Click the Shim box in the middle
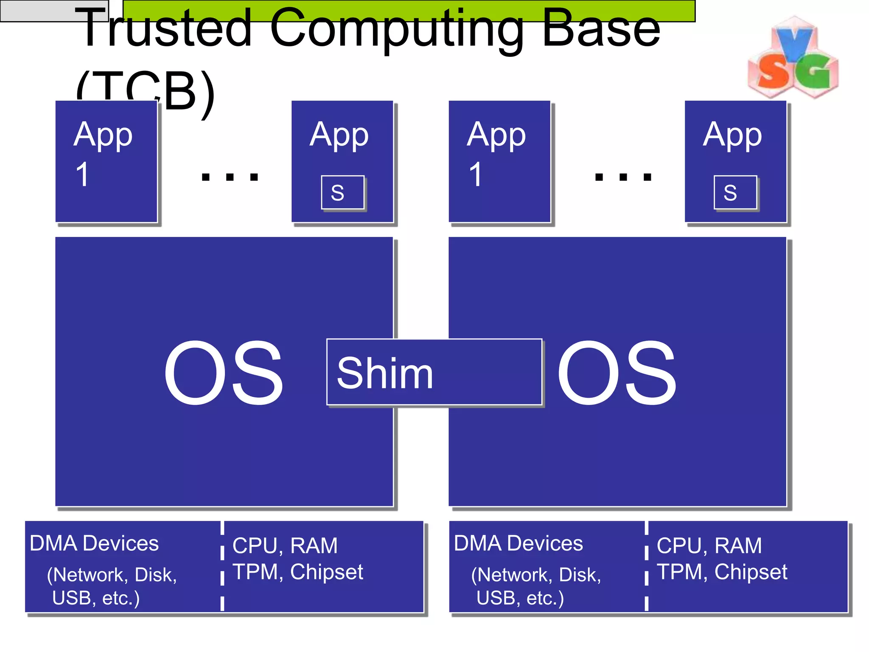[434, 372]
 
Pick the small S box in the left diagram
[342, 192]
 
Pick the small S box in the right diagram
[735, 192]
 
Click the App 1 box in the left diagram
[106, 161]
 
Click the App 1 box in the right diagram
[499, 161]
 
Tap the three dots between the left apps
[230, 177]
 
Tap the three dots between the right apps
[623, 177]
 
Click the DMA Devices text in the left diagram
[94, 543]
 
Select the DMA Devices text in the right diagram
[519, 543]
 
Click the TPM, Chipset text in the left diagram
[298, 572]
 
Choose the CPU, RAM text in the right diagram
[709, 545]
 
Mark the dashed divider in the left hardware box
[222, 567]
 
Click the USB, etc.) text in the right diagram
[520, 598]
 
